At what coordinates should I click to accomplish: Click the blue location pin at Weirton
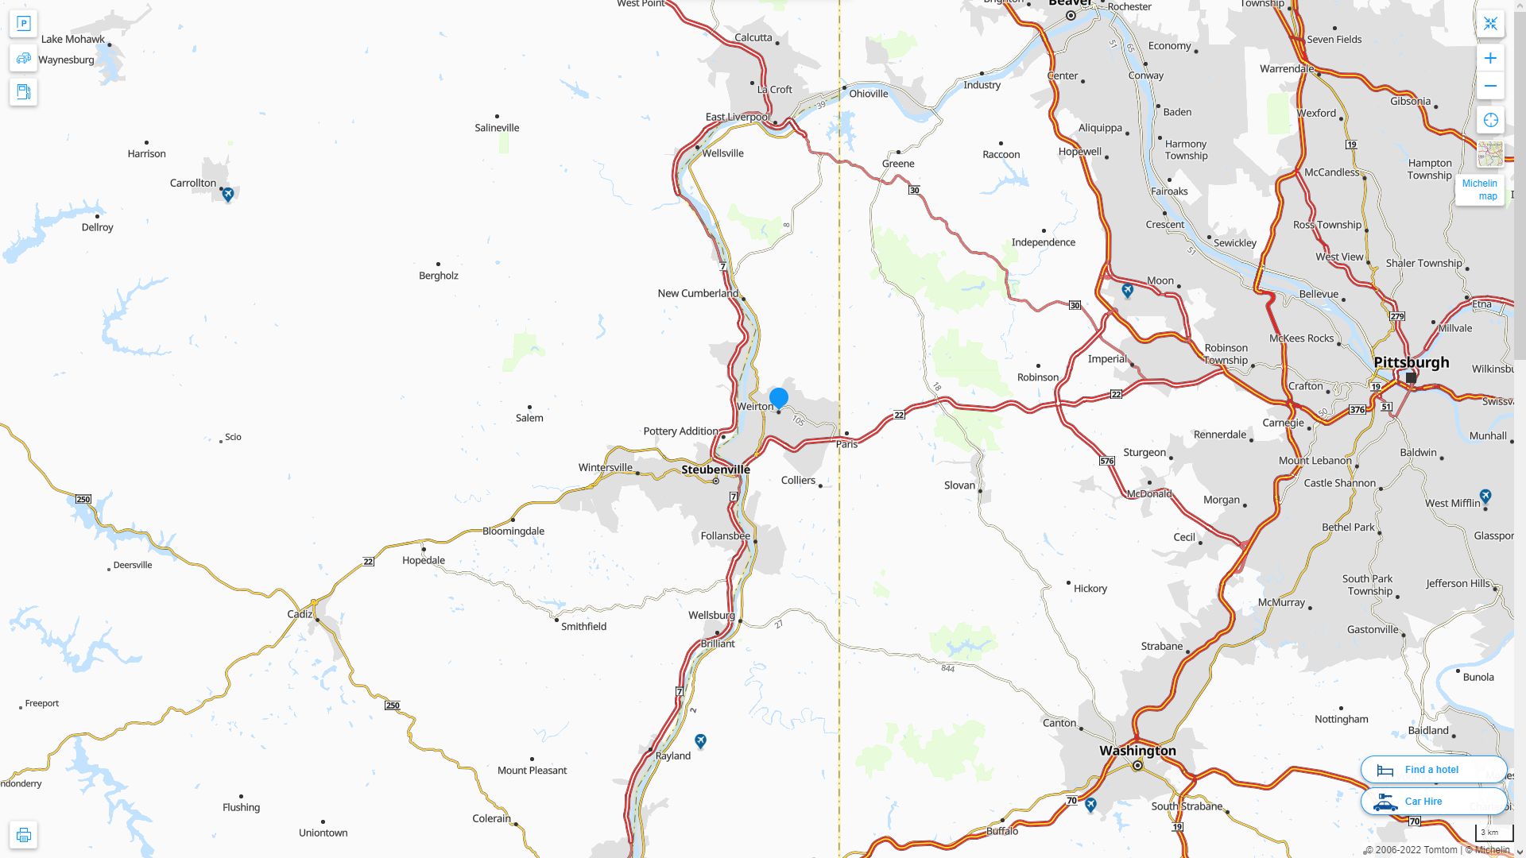tap(779, 397)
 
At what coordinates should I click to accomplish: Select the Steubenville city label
tap(715, 469)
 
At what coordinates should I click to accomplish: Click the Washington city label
tap(1137, 750)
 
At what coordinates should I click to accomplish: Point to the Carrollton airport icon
tap(228, 194)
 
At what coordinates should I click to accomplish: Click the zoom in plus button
tap(1490, 58)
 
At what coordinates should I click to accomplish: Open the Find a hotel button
tap(1433, 769)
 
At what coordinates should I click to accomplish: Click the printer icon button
tap(23, 834)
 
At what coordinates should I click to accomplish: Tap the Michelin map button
tap(1480, 189)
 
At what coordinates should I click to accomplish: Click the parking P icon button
tap(23, 24)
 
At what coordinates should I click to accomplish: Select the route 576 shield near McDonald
tap(1106, 461)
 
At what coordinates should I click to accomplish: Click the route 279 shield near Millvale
tap(1397, 316)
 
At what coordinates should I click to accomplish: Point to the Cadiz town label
tap(300, 614)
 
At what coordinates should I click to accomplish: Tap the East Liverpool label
tap(737, 117)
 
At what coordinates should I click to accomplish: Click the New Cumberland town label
tap(698, 293)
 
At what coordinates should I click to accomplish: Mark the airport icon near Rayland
tap(700, 740)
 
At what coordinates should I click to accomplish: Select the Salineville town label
tap(497, 127)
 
